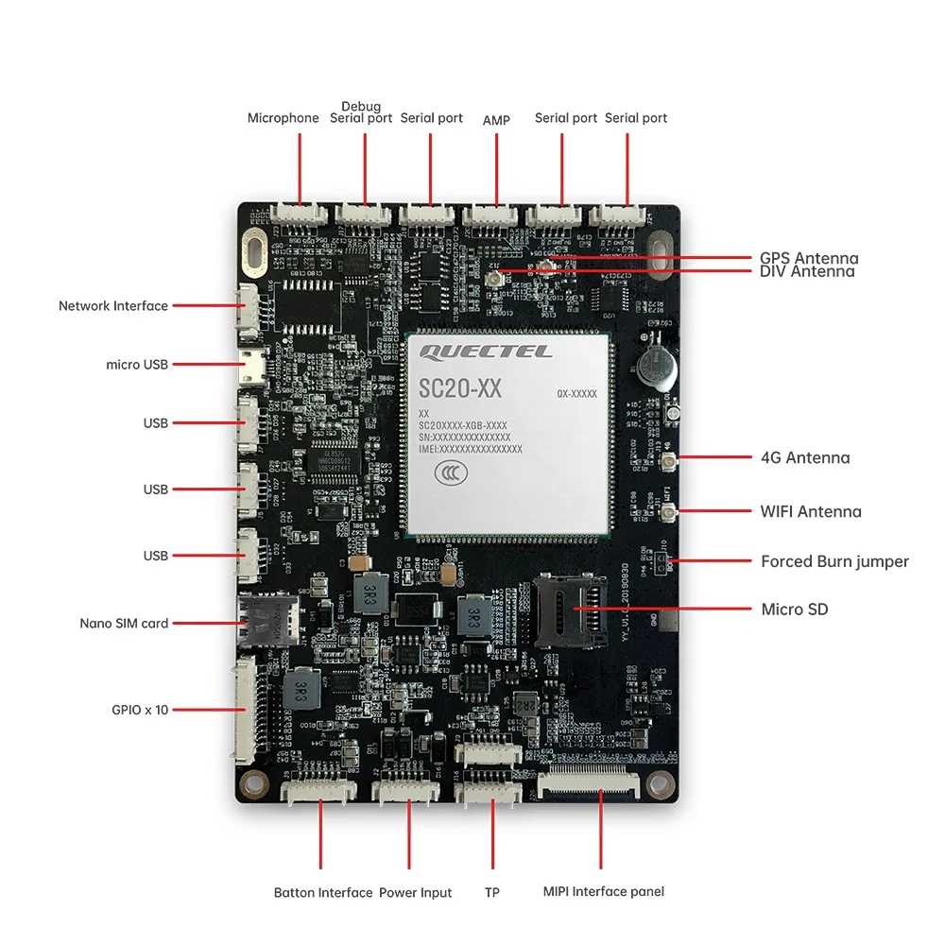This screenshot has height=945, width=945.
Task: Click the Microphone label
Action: (x=283, y=118)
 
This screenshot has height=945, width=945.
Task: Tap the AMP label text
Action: (x=496, y=120)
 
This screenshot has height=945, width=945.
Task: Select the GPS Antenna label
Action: (x=809, y=258)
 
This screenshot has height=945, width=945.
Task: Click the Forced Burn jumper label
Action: (x=834, y=561)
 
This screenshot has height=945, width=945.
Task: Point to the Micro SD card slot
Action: (x=570, y=610)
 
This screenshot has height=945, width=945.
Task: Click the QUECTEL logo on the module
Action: (x=486, y=352)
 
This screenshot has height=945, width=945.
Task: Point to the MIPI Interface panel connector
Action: (x=588, y=784)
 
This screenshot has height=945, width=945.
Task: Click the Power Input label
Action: (x=415, y=892)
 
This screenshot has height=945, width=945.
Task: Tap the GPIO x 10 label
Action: (x=139, y=709)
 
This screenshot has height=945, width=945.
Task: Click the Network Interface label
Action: (x=113, y=306)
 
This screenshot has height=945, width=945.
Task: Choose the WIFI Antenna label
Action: (x=811, y=511)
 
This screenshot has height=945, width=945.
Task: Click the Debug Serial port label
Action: (x=361, y=112)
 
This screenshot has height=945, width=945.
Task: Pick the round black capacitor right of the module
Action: (x=653, y=368)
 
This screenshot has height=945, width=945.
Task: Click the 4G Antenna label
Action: (x=805, y=457)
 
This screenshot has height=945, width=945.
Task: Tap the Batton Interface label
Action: (x=323, y=892)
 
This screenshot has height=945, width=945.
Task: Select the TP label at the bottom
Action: (x=492, y=892)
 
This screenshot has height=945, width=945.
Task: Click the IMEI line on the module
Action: (x=470, y=450)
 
